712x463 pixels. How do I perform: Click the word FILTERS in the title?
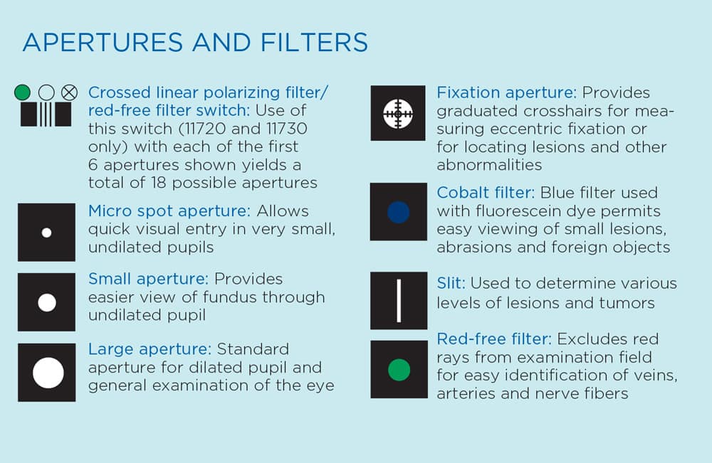tap(314, 43)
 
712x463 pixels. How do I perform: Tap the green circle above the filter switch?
tap(22, 92)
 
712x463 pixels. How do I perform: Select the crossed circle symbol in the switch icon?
tap(70, 92)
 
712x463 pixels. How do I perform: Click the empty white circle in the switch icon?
tap(46, 92)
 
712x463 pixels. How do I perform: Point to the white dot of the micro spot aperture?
tap(46, 233)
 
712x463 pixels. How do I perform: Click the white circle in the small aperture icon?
tap(47, 302)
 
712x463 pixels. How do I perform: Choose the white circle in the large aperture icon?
tap(48, 373)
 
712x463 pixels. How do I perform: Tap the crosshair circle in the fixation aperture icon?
tap(398, 113)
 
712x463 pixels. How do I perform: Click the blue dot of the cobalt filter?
tap(399, 212)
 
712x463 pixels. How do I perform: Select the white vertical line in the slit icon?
tap(399, 301)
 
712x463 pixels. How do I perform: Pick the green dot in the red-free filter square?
tap(399, 370)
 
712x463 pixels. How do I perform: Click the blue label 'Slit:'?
tap(451, 284)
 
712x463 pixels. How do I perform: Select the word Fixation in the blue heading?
tap(468, 93)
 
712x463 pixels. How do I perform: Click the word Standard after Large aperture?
tap(253, 349)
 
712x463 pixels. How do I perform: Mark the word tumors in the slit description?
tap(627, 303)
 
